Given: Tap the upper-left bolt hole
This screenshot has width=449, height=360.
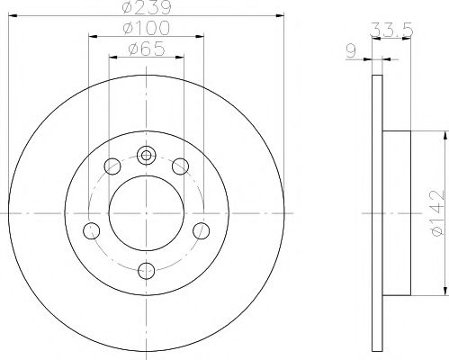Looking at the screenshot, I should click(x=112, y=166).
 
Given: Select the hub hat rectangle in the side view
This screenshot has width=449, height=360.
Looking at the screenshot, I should click(x=397, y=211).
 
